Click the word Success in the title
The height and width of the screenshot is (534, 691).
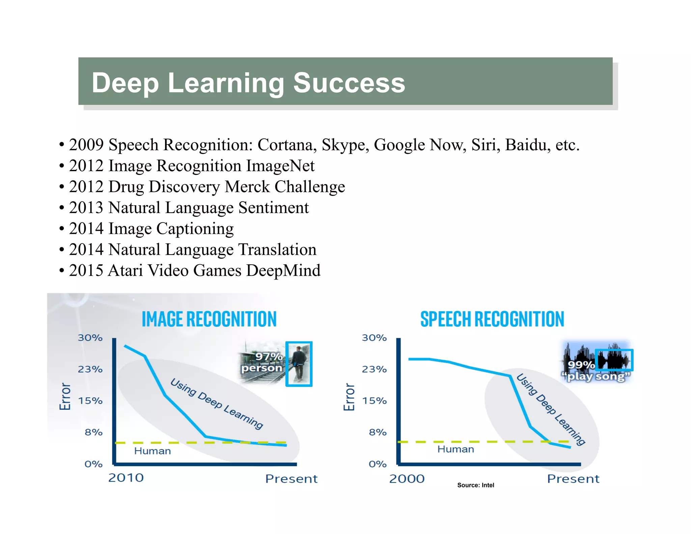tap(349, 83)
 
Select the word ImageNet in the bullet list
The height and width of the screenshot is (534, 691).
tap(280, 166)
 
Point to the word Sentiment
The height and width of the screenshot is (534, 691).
tap(273, 208)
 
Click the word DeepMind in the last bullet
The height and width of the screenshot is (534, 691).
tap(283, 270)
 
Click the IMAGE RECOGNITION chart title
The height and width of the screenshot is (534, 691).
tap(209, 319)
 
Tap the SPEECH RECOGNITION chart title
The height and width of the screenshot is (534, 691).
tap(492, 319)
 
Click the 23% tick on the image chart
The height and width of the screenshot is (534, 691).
tap(90, 369)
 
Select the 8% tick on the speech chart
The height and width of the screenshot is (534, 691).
tap(378, 432)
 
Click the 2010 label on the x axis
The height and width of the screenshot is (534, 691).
tap(126, 478)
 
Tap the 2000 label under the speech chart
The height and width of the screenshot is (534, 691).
tap(407, 479)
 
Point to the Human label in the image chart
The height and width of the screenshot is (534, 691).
tap(153, 451)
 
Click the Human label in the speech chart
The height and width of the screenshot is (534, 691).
tap(455, 449)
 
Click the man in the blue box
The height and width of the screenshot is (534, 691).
tap(299, 364)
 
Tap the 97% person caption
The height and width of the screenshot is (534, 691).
tap(262, 362)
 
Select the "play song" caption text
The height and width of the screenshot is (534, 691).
tap(596, 376)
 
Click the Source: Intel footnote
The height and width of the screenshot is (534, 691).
tap(475, 485)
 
